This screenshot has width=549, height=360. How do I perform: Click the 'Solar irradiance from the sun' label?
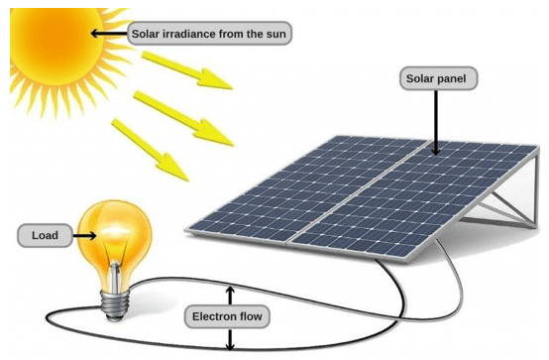(210, 33)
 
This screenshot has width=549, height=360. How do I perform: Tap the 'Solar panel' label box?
(435, 77)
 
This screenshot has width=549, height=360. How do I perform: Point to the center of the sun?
(55, 50)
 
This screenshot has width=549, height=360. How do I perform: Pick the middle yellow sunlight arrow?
(177, 110)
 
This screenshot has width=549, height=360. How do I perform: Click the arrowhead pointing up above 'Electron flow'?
(231, 289)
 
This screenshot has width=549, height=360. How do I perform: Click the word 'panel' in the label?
(455, 77)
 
